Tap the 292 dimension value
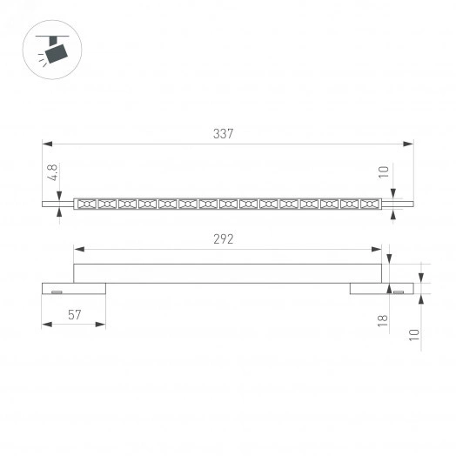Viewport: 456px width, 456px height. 224,238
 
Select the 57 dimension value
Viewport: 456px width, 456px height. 75,315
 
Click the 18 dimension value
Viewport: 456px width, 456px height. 382,322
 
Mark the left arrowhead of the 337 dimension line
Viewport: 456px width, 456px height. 45,144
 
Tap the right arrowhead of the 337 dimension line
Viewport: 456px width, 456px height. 409,144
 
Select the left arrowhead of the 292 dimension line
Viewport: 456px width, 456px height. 77,248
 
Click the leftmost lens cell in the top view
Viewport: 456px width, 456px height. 86,204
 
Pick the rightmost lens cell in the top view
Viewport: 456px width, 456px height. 370,204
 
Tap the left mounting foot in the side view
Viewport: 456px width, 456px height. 73,288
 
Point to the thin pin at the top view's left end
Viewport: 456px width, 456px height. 57,204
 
